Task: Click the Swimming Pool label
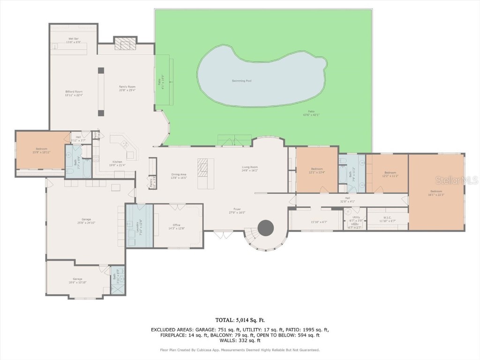click(241, 81)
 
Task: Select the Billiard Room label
click(74, 93)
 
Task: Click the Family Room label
click(127, 88)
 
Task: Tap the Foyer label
click(238, 210)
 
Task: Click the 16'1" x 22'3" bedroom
click(436, 193)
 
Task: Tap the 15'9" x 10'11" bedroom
click(40, 150)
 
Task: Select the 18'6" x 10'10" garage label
click(77, 280)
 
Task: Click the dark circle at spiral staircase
click(266, 228)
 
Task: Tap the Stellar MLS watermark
click(456, 180)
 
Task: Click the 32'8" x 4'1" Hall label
click(347, 200)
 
